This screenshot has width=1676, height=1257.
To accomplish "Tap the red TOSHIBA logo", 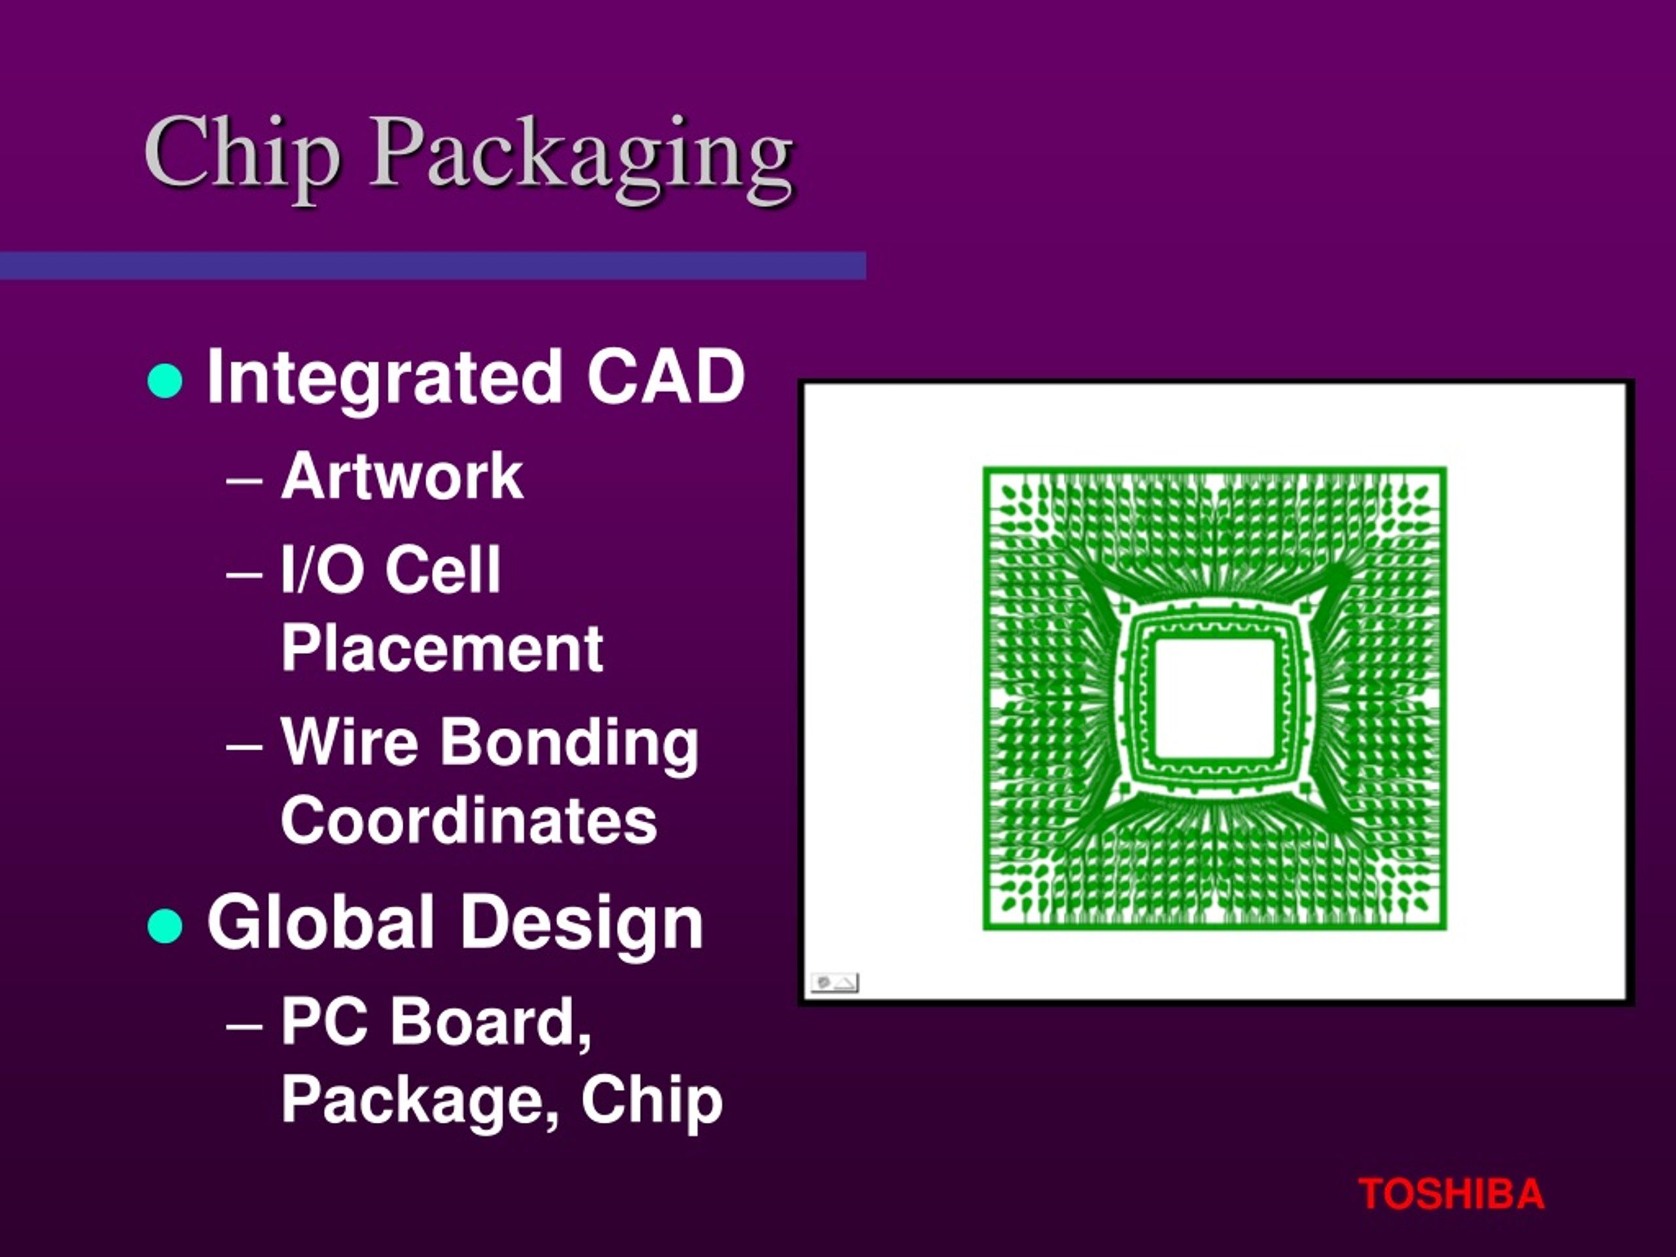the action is [x=1451, y=1194].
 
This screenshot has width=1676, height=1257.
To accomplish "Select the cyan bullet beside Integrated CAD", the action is [x=165, y=381].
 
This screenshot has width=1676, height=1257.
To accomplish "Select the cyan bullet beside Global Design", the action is [x=165, y=925].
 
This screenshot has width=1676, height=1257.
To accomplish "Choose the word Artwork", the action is [x=401, y=477].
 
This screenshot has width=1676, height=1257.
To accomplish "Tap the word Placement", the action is [x=442, y=649].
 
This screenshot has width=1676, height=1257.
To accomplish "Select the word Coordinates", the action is [x=469, y=820].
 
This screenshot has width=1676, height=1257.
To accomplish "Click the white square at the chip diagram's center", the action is [x=1214, y=698].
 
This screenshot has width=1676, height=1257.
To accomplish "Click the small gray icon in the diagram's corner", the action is [x=834, y=983].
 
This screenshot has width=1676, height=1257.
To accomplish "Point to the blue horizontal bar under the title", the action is [x=433, y=266].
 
